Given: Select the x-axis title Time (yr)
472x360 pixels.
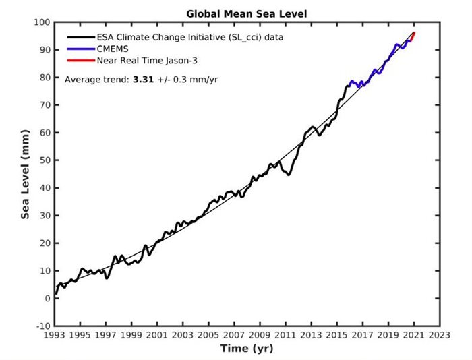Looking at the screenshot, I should pos(246,349).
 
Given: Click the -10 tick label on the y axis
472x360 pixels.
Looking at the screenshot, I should pos(41,326).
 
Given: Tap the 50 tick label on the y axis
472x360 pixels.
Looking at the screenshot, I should pos(43,160).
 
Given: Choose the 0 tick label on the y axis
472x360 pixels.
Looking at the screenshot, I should pos(46,299).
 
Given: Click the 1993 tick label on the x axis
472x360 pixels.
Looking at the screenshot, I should pos(54,335).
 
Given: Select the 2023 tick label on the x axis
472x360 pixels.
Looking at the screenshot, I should pos(440,335).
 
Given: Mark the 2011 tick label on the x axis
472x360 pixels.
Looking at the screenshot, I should pos(285,335).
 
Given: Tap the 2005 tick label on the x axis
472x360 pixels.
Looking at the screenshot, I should pos(208,335).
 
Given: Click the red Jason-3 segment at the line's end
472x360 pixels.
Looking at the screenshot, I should pos(412,36).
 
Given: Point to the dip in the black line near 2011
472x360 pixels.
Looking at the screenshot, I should pos(288,175).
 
